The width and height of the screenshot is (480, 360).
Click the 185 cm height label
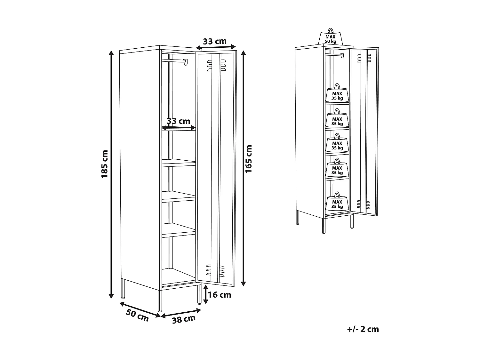pyautogui.click(x=105, y=164)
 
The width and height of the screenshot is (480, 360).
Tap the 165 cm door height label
pyautogui.click(x=249, y=159)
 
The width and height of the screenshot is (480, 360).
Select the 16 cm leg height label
pyautogui.click(x=220, y=295)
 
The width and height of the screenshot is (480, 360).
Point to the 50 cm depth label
pyautogui.click(x=137, y=316)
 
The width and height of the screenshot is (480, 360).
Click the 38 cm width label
pyautogui.click(x=184, y=319)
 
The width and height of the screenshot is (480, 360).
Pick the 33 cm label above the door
pyautogui.click(x=215, y=41)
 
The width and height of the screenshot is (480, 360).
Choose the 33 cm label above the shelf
pyautogui.click(x=179, y=121)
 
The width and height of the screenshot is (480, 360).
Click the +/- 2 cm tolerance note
pyautogui.click(x=363, y=329)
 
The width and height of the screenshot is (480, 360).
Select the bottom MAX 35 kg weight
pyautogui.click(x=337, y=203)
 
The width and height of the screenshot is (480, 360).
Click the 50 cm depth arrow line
pyautogui.click(x=140, y=309)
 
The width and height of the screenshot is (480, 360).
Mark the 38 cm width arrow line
pyautogui.click(x=181, y=313)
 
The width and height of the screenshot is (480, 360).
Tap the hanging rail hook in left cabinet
pyautogui.click(x=185, y=62)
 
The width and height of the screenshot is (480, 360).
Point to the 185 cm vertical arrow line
pyautogui.click(x=111, y=174)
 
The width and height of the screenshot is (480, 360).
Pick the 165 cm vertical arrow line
pyautogui.click(x=243, y=168)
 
